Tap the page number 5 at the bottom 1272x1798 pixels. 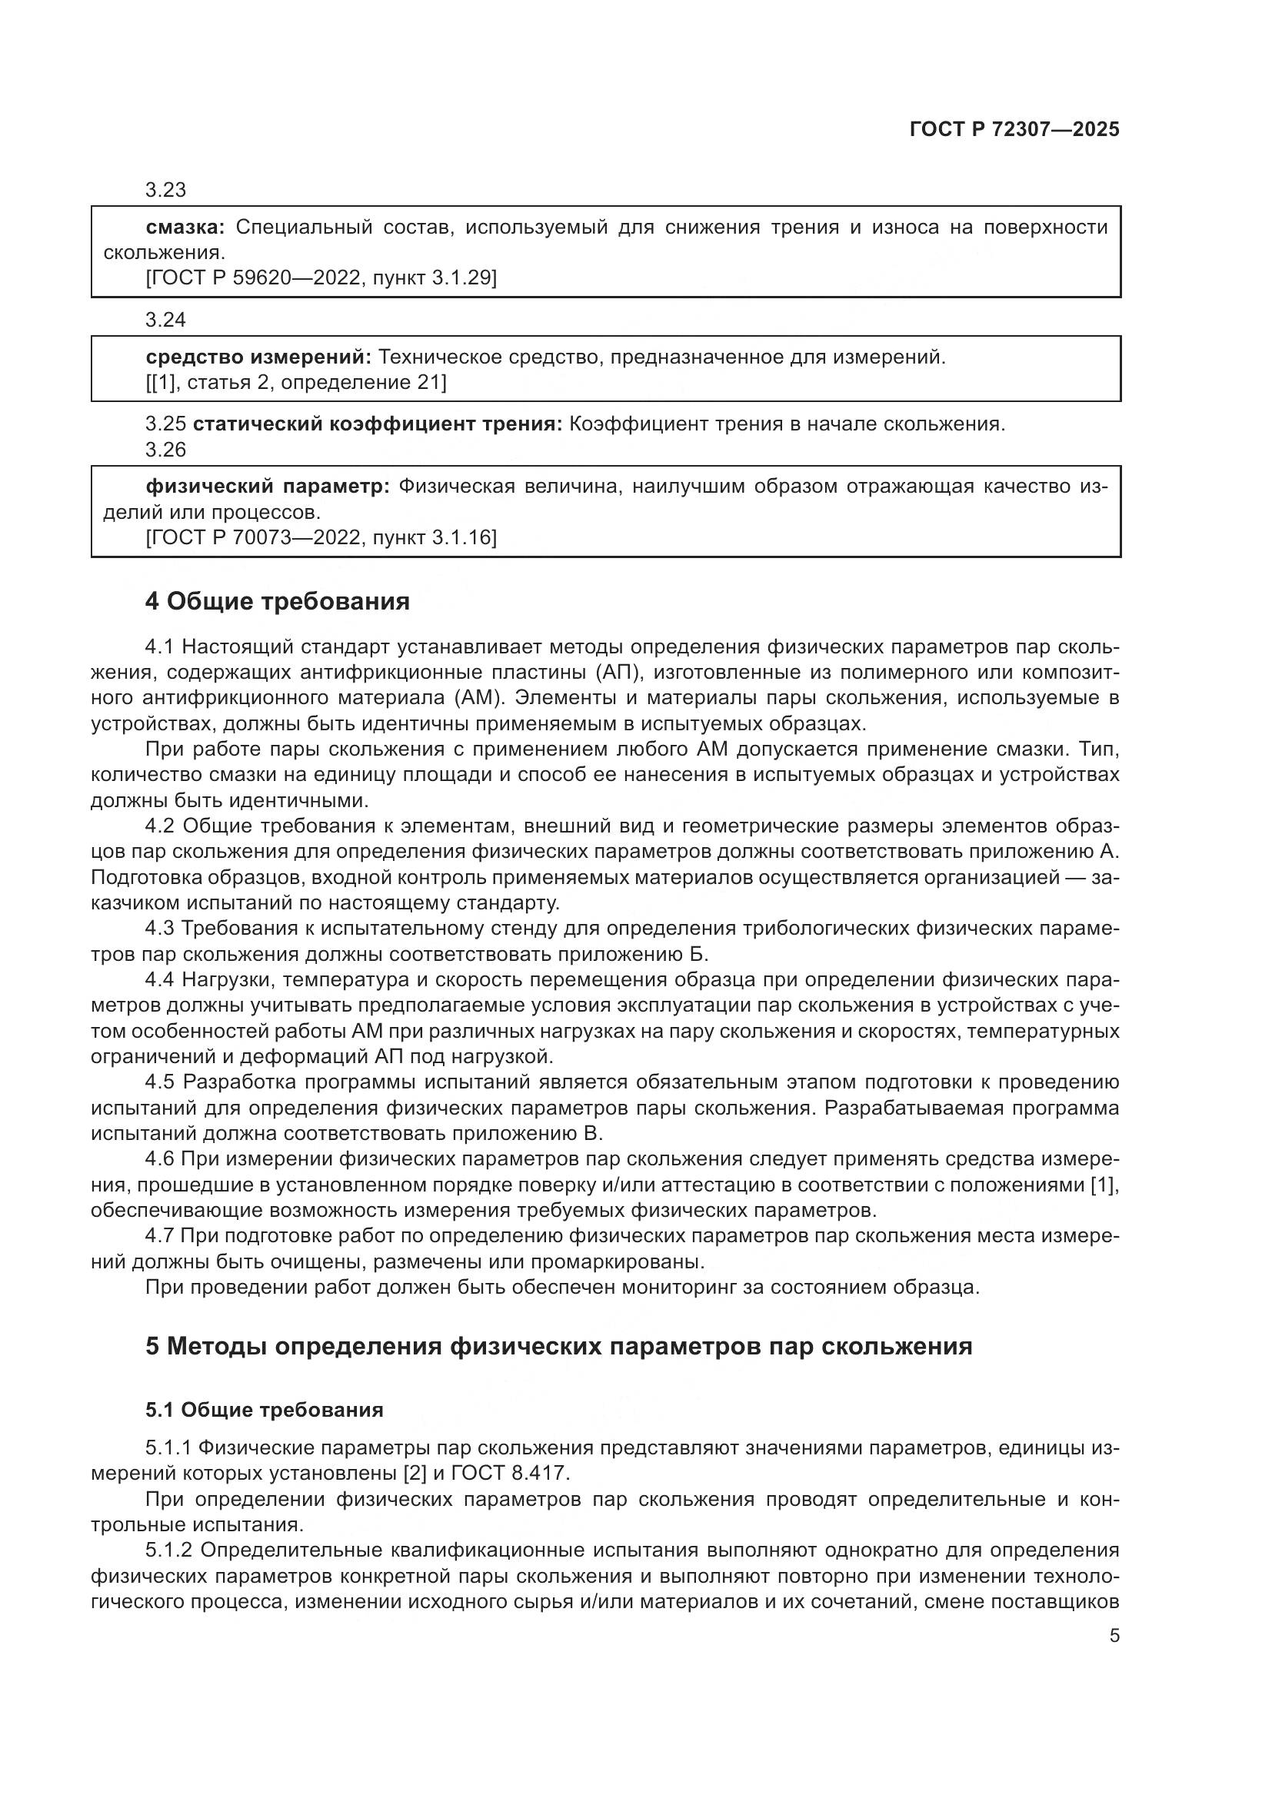1114,1635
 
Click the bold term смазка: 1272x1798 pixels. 185,227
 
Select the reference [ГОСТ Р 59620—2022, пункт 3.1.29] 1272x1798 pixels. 321,278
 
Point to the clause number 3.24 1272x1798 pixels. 165,320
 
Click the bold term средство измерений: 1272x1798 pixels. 258,357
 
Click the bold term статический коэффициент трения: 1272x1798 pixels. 378,424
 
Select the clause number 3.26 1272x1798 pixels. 165,450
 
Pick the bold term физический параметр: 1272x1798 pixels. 267,487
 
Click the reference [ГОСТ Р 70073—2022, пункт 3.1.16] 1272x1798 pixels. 321,537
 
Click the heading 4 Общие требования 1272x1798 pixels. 278,600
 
